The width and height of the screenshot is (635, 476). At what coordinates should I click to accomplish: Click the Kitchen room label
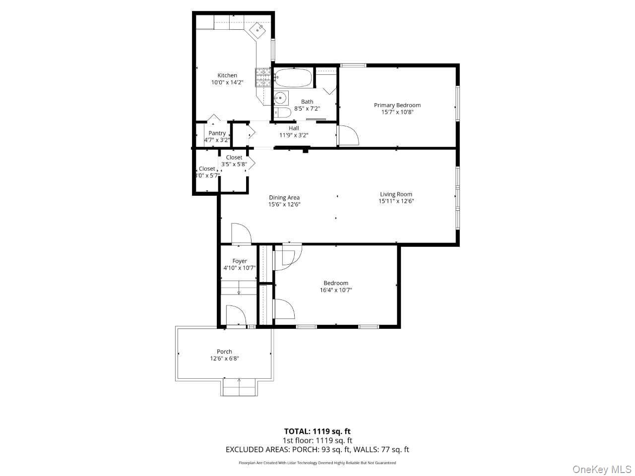click(227, 75)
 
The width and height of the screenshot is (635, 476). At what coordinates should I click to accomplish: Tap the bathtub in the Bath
click(293, 78)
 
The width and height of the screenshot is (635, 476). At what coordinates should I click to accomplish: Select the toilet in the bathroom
click(282, 113)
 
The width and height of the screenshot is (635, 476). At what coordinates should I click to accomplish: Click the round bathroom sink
click(281, 97)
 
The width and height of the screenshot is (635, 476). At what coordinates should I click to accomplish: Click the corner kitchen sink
click(258, 30)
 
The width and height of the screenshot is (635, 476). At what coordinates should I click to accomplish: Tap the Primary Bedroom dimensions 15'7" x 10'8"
click(397, 112)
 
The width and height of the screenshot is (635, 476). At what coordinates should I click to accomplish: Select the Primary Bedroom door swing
click(347, 135)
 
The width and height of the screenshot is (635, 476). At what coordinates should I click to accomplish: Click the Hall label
click(294, 128)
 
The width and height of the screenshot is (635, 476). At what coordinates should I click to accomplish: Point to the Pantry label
click(217, 133)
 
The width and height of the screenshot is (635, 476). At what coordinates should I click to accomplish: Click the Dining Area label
click(284, 197)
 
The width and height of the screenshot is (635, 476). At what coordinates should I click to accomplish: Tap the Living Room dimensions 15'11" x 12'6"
click(396, 201)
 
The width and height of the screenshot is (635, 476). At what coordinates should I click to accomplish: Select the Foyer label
click(240, 261)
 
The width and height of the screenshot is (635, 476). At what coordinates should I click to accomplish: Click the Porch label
click(224, 352)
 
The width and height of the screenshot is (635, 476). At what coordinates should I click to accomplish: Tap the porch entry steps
click(239, 387)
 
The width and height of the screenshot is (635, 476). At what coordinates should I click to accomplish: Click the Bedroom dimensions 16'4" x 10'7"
click(336, 291)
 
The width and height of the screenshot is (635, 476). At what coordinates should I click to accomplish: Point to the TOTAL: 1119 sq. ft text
click(317, 431)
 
